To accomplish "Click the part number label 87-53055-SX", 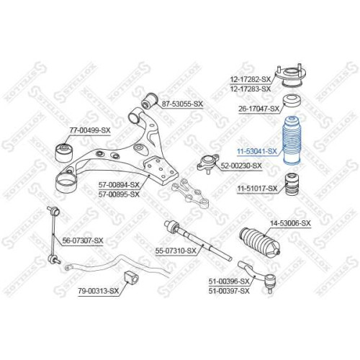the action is click(x=182, y=104).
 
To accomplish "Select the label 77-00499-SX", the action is click(x=90, y=130).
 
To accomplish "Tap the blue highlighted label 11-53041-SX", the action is click(x=257, y=151).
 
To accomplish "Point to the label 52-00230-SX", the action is click(x=241, y=166).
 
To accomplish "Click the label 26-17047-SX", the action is click(x=259, y=109).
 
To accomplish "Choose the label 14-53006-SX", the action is click(x=290, y=223).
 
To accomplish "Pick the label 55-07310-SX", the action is click(x=176, y=251).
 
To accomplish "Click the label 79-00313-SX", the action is click(x=99, y=291).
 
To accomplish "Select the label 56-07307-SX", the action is click(x=83, y=240).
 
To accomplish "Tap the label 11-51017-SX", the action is click(x=257, y=189).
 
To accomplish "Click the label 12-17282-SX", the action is click(x=251, y=79).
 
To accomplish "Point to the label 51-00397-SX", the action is click(x=229, y=291).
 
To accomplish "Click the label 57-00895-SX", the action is click(x=119, y=194).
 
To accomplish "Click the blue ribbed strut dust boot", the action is click(x=292, y=141).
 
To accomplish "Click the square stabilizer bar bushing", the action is click(x=131, y=278).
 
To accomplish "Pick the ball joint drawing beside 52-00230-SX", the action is click(x=208, y=163).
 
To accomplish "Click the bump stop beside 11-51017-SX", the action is click(x=292, y=184).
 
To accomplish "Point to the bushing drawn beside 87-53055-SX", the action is click(x=149, y=101).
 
